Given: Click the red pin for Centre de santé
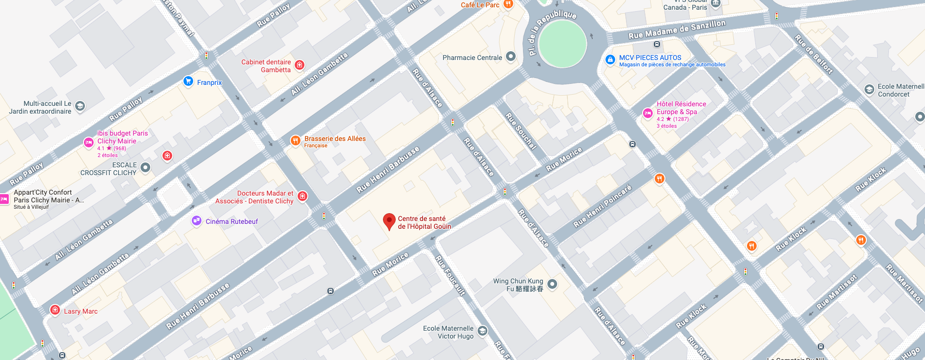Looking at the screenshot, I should tap(389, 221).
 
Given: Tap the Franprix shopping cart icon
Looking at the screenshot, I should tap(188, 81).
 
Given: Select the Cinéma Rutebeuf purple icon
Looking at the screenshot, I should tap(197, 221).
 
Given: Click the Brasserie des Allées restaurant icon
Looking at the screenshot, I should tap(295, 140).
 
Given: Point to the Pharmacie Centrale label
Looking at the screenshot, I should tap(472, 58).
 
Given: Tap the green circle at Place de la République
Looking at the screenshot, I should tap(562, 43).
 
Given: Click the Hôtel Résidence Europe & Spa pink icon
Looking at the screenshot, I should tap(647, 113).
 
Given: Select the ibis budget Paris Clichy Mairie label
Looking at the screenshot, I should tap(122, 137).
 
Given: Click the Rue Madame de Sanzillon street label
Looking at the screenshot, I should tap(677, 30).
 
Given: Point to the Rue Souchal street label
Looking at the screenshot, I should tap(521, 131).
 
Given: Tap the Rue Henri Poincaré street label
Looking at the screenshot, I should tap(603, 206).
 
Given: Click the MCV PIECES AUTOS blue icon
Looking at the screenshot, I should tap(610, 60).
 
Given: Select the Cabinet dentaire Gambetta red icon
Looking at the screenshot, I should tap(300, 65).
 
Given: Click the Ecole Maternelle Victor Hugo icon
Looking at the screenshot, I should tap(483, 331).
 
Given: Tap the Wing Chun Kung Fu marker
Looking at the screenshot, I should tap(552, 284).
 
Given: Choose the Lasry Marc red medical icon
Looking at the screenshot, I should tap(55, 310).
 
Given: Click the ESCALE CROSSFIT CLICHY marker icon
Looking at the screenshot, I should tap(145, 168).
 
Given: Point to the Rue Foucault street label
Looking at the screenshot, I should tap(450, 276).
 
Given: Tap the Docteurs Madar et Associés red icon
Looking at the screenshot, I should tap(302, 196).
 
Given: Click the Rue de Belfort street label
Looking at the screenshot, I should tap(814, 54).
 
